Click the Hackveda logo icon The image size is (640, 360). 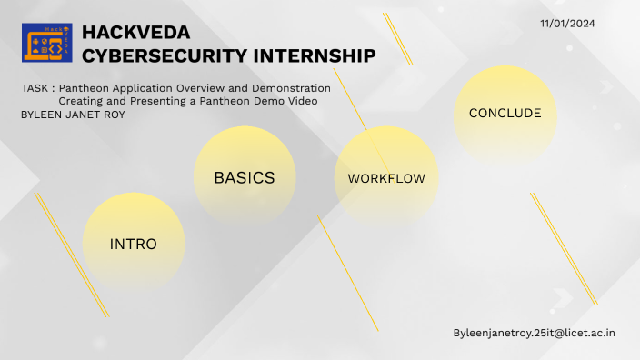click(46, 44)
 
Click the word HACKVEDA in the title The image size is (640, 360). click(135, 33)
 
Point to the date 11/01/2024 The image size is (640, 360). click(567, 24)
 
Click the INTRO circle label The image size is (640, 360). click(134, 245)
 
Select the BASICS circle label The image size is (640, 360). click(245, 177)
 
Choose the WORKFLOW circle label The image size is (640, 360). click(386, 178)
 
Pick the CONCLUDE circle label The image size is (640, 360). click(505, 114)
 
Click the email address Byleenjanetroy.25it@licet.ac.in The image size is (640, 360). click(535, 333)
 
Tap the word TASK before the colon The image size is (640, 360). click(35, 88)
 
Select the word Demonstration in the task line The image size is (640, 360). click(291, 88)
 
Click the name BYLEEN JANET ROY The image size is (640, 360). click(73, 115)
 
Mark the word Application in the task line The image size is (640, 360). click(142, 88)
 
